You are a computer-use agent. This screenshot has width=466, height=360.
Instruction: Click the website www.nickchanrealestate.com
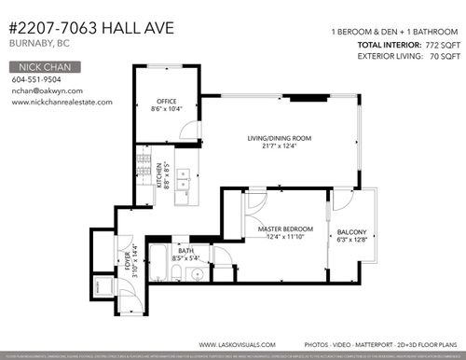(x=62, y=103)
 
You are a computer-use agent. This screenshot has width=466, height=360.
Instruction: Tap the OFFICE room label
(x=167, y=101)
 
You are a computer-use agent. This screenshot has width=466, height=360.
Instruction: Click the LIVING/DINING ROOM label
(x=280, y=139)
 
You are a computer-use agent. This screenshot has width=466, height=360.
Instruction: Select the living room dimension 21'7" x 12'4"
(x=280, y=147)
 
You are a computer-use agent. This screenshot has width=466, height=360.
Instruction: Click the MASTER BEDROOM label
(x=285, y=229)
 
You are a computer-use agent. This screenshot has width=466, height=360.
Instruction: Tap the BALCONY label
(x=352, y=232)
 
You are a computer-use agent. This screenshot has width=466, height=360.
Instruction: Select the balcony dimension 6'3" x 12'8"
(x=352, y=240)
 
